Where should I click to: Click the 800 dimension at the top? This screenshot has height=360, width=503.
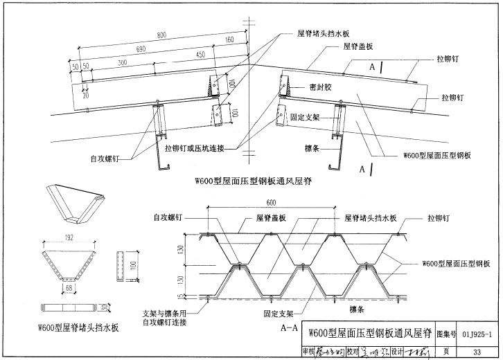click(x=161, y=35)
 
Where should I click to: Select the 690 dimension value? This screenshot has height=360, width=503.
click(x=141, y=49)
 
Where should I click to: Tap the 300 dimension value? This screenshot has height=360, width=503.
click(x=122, y=62)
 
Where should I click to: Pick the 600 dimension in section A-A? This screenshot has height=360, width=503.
click(x=271, y=202)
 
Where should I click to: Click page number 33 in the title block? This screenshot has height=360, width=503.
click(x=476, y=352)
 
